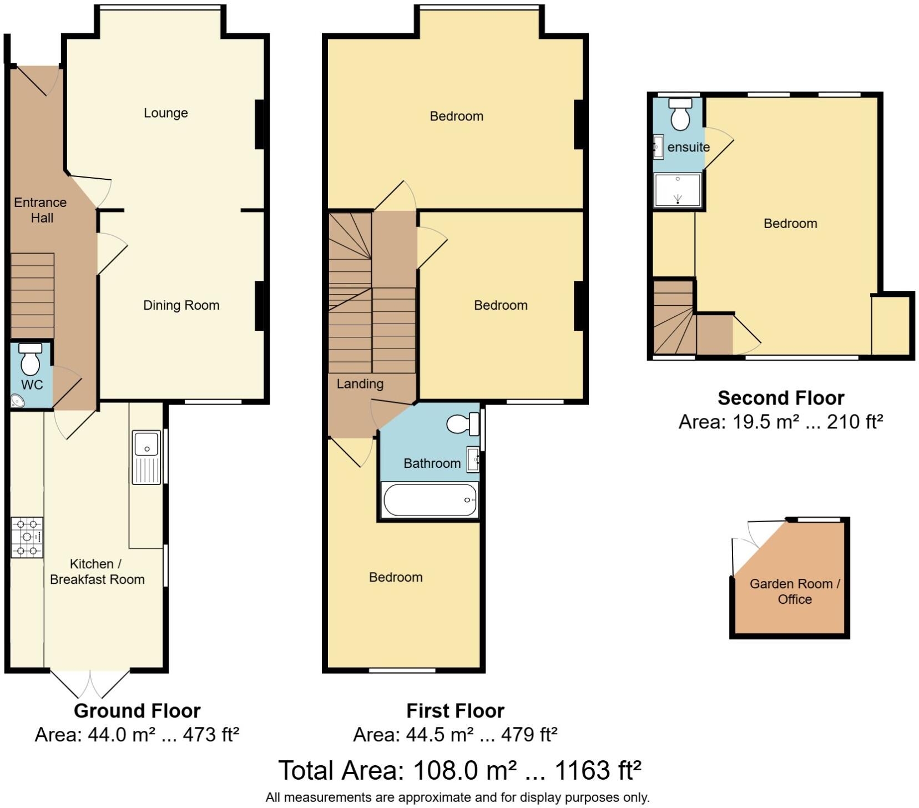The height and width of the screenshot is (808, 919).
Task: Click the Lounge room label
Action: (x=165, y=113)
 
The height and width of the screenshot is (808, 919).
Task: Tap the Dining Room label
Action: (x=181, y=305)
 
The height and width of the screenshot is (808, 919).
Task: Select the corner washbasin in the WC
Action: (x=17, y=400)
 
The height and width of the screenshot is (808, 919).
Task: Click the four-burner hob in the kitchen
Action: (x=27, y=537)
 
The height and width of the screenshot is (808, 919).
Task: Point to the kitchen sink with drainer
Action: (x=147, y=457)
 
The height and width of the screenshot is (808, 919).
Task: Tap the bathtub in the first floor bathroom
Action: (x=430, y=500)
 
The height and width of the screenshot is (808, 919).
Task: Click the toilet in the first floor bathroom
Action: (x=463, y=425)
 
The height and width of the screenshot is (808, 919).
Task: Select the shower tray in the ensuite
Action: (x=678, y=190)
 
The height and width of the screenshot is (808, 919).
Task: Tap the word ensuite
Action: (x=688, y=148)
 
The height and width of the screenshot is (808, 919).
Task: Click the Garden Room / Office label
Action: (x=795, y=592)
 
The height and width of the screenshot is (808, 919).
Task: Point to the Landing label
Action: (x=360, y=384)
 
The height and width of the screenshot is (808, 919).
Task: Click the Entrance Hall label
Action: (x=41, y=210)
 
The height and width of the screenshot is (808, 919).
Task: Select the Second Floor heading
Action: (x=781, y=398)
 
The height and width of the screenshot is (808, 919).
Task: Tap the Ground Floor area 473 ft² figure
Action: (x=211, y=735)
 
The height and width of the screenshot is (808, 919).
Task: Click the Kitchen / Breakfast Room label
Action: (x=97, y=572)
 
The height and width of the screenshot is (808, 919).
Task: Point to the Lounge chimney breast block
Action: (x=259, y=124)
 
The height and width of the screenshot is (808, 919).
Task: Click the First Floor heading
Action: (x=455, y=711)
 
